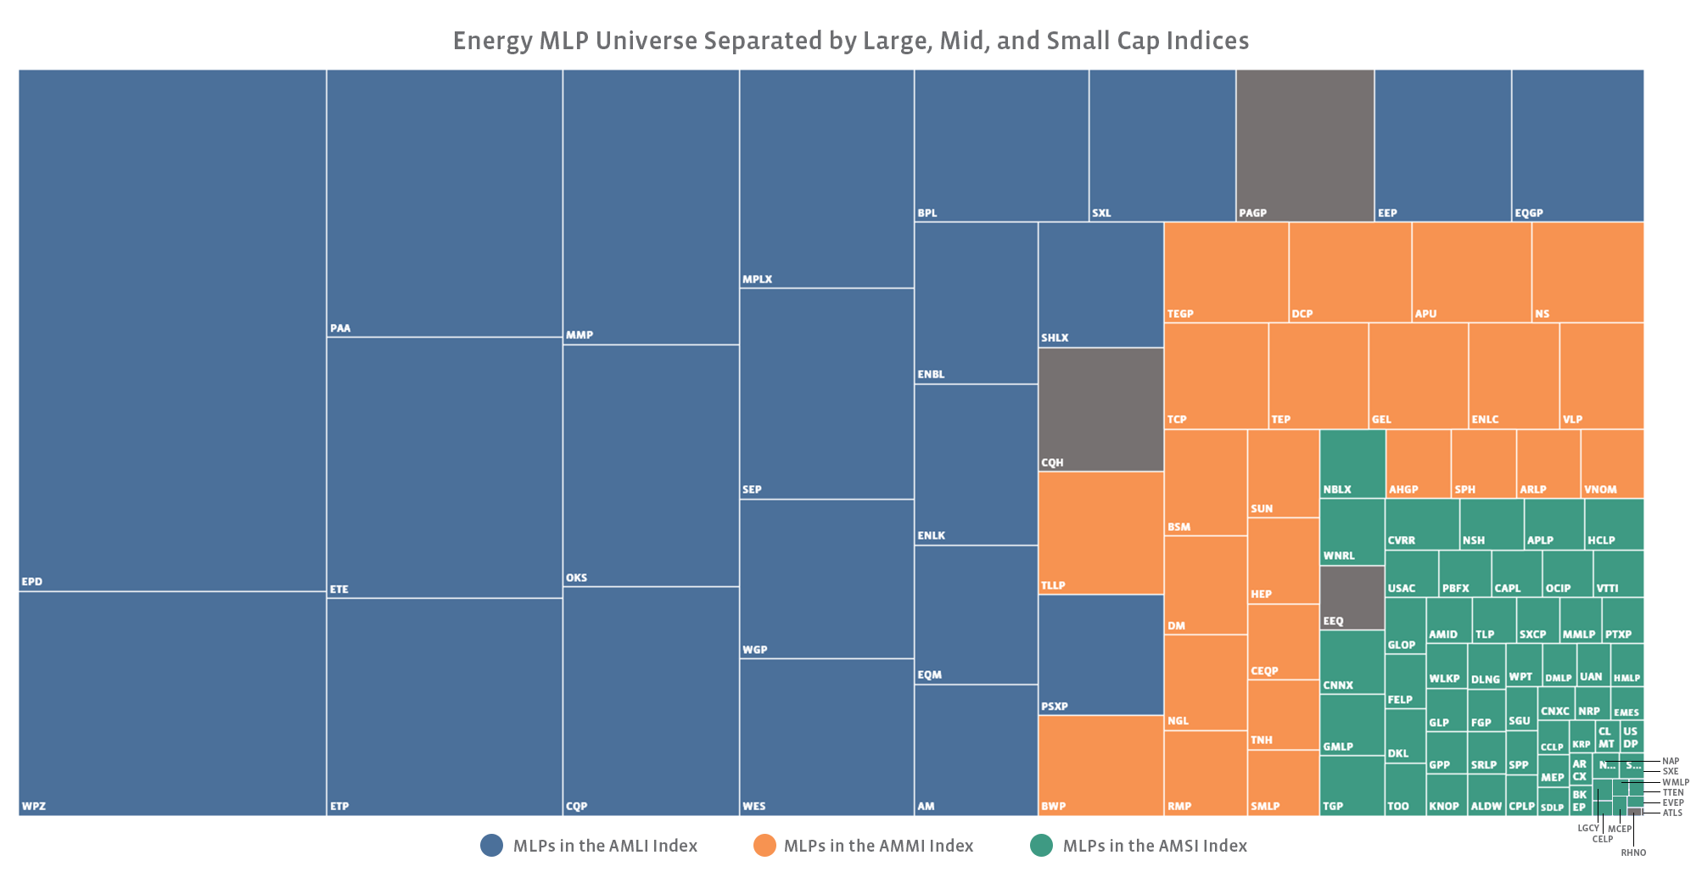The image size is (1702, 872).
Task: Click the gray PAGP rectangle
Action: (x=1305, y=144)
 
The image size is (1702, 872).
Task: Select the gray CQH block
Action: (x=1100, y=408)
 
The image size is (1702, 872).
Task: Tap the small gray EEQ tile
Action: (x=1352, y=597)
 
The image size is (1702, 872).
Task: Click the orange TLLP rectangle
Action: (x=1100, y=532)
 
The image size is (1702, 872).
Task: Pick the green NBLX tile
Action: (x=1352, y=462)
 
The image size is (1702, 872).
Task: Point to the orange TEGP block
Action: (x=1226, y=271)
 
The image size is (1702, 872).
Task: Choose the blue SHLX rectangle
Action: (x=1100, y=284)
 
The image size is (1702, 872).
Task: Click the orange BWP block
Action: (x=1100, y=764)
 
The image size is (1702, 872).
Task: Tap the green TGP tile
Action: (x=1352, y=785)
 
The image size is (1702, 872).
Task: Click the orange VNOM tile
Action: (x=1612, y=462)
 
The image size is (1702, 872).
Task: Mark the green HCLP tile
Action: (x=1614, y=523)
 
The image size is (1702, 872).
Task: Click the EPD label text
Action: (x=32, y=582)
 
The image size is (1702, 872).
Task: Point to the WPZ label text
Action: (x=34, y=806)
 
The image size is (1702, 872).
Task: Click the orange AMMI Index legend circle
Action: (x=764, y=846)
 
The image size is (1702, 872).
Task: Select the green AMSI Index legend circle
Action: (x=1041, y=846)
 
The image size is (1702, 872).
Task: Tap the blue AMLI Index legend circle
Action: (x=492, y=846)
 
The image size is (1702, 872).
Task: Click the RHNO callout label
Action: (x=1633, y=852)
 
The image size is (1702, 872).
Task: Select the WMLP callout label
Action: (x=1676, y=782)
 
